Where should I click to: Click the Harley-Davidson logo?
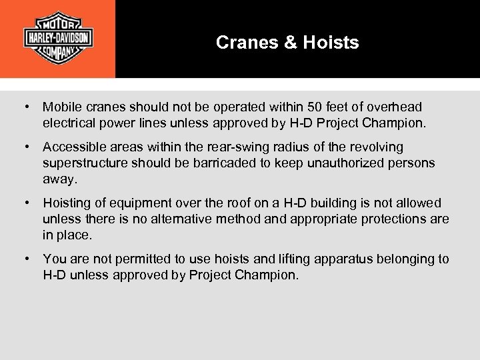pos(58,38)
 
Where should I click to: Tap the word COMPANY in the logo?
pos(58,52)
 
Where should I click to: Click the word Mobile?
pos(61,107)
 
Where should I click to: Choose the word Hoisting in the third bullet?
pos(66,203)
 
